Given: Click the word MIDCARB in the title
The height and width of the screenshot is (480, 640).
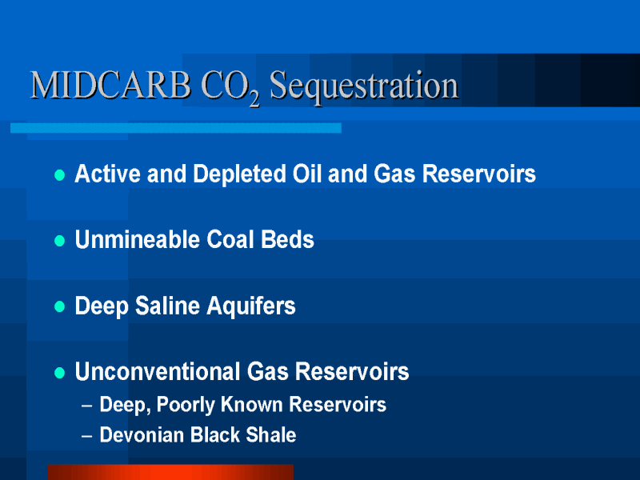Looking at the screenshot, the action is [110, 85].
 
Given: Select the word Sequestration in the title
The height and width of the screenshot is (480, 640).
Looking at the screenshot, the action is [364, 87].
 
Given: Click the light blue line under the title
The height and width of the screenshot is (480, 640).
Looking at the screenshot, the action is [176, 128].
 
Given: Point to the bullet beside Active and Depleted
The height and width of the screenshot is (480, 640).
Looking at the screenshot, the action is [59, 175].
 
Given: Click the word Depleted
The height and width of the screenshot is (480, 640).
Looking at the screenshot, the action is [239, 174].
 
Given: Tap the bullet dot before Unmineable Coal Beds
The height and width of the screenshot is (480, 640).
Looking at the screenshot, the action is [59, 241].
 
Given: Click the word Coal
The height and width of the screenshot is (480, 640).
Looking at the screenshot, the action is [230, 239].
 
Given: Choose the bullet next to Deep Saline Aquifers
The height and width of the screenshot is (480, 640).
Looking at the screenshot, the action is [59, 306].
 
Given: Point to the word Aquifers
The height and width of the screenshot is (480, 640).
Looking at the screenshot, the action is [251, 306].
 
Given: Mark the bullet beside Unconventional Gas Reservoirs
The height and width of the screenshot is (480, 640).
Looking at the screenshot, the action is [59, 373].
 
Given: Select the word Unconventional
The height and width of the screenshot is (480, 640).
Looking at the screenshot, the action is [158, 371].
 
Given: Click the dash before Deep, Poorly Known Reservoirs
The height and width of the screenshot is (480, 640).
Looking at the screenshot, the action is [86, 406].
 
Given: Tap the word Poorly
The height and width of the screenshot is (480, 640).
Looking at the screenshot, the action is [186, 406].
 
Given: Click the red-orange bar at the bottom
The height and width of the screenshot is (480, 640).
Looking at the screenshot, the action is [170, 472].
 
